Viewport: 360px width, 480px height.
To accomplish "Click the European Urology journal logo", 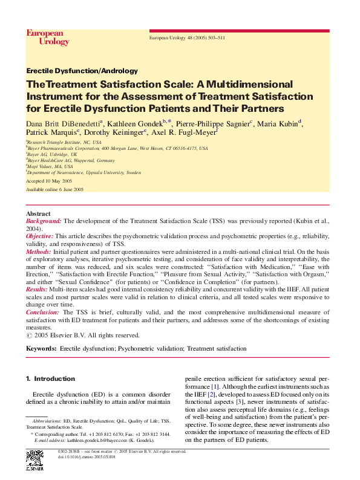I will click(x=47, y=37).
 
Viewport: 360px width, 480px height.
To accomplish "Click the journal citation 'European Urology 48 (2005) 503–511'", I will click(x=187, y=38).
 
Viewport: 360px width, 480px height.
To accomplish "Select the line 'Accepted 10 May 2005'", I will click(x=48, y=181).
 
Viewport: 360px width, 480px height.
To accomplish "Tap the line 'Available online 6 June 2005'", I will click(x=54, y=189).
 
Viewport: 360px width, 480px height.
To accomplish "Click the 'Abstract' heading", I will click(x=38, y=214).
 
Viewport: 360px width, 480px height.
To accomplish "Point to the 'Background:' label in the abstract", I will click(x=44, y=222).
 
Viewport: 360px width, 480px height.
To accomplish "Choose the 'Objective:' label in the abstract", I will click(x=40, y=236).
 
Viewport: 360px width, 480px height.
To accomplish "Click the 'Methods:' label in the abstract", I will click(x=39, y=250).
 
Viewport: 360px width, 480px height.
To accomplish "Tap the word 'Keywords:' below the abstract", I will click(x=41, y=349).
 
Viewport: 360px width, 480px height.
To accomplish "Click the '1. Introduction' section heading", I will click(x=50, y=378).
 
